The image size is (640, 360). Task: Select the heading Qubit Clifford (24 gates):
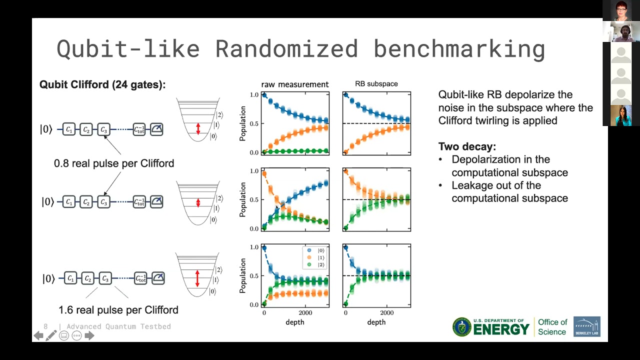point(102,85)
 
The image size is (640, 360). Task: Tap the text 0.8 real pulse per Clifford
point(114,163)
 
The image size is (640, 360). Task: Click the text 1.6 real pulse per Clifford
point(118,310)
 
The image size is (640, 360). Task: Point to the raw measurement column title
point(295,84)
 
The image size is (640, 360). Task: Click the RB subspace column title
point(376,84)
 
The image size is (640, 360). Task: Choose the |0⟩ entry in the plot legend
point(315,250)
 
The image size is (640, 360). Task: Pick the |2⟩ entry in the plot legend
point(315,264)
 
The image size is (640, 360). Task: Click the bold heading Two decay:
point(467,146)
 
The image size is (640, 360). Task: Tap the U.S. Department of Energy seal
point(461,327)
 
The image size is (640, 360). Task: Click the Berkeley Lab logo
point(586,327)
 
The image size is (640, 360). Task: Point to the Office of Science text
point(552,327)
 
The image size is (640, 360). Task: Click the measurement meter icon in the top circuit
point(156,129)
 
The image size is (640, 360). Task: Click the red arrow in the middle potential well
point(198,202)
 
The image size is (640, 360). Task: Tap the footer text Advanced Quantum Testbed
point(118,326)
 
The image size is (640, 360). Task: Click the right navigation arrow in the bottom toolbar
point(89,335)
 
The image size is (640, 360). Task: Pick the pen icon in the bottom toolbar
point(51,335)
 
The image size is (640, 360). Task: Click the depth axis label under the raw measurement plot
point(295,322)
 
